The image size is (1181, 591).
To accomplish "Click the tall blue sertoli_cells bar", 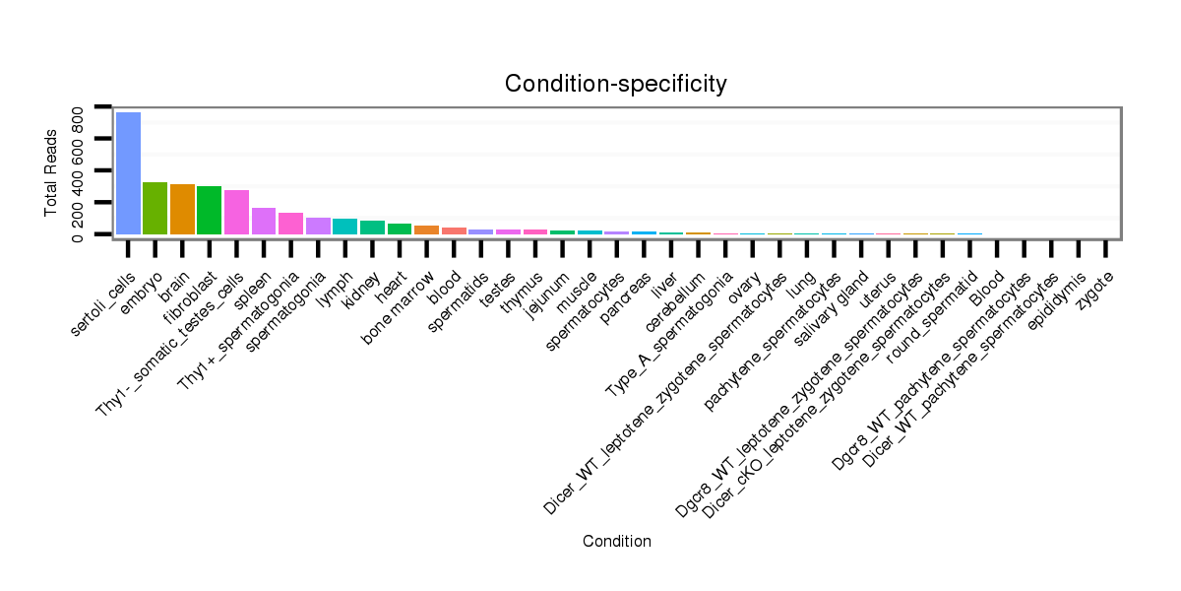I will pos(128,173).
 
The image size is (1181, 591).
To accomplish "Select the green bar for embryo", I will pos(155,209).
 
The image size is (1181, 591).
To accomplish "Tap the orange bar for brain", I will pos(182,210).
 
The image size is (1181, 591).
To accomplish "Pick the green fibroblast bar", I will pos(210,211).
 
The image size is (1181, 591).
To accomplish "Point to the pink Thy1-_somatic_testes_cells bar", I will pos(236,213).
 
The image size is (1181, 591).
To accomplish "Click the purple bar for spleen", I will pos(264,222).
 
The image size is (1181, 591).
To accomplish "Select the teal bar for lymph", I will pos(344,227).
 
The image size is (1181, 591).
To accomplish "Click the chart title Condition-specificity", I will pos(615,84).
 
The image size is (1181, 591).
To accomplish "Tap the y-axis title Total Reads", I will pos(51,173).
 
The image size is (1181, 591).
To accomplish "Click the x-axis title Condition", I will pos(616,542).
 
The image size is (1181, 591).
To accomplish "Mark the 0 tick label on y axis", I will pos(78,234).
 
